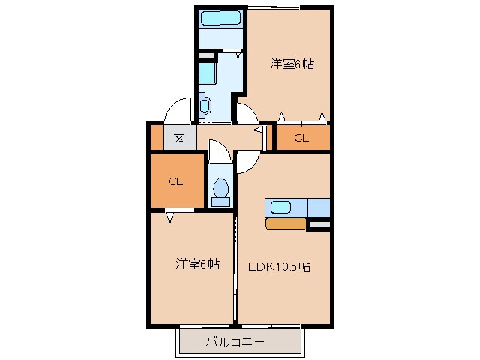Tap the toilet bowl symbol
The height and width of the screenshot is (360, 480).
[221, 191]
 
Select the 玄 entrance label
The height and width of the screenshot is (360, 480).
[178, 138]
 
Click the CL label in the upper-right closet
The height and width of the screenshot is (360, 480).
[301, 138]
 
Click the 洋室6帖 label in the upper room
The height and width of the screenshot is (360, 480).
[292, 64]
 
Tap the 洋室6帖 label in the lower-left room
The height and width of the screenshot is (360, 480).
[198, 264]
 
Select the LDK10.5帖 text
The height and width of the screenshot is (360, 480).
[280, 265]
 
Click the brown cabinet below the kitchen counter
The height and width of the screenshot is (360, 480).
[286, 223]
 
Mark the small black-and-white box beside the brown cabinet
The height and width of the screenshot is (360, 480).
[319, 223]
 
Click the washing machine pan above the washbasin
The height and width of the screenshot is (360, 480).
[207, 73]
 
